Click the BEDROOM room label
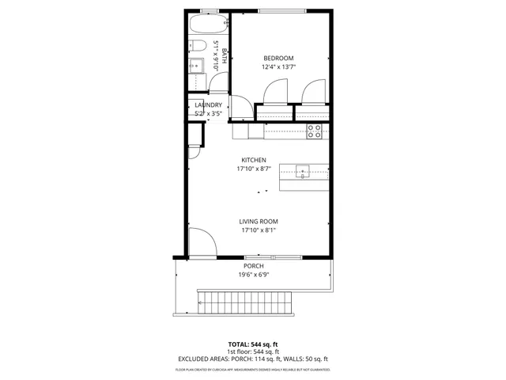(x=278, y=58)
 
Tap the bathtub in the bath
(x=209, y=25)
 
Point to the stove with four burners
(x=314, y=131)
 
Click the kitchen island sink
(x=303, y=169)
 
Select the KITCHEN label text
(x=254, y=159)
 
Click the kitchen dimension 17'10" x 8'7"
(x=254, y=169)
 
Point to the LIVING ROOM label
(x=259, y=221)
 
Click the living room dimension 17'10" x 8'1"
(x=259, y=230)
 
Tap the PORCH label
(x=254, y=266)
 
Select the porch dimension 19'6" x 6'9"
(x=254, y=275)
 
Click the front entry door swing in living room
(x=202, y=241)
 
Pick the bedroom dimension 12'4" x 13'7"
(x=278, y=67)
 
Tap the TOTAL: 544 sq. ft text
(x=253, y=344)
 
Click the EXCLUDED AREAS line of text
(x=253, y=359)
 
